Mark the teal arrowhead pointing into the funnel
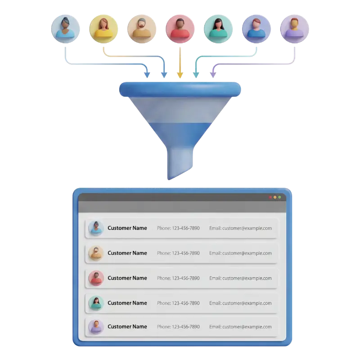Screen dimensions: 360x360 [196, 74]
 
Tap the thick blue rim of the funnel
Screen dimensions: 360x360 [180, 89]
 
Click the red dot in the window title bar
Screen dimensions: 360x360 [270, 197]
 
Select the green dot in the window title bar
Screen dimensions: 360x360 [279, 197]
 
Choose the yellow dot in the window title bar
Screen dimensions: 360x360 [275, 197]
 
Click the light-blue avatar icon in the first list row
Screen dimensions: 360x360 [96, 228]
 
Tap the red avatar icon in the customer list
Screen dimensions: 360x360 [96, 278]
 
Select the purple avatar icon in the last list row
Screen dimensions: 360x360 [96, 327]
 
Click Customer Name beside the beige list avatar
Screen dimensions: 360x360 [127, 253]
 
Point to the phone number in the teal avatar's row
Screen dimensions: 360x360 [178, 303]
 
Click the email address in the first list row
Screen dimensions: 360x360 [240, 228]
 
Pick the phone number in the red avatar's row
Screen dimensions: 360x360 [178, 278]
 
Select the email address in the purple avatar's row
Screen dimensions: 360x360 [240, 327]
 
